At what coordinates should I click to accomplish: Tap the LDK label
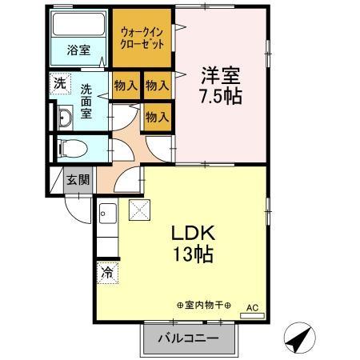[191, 235]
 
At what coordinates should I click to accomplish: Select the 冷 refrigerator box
[106, 273]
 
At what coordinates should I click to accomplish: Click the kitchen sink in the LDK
[109, 214]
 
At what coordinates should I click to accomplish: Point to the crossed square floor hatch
[139, 211]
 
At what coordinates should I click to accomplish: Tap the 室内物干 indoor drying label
[203, 306]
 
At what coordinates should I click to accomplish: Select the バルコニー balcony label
[189, 339]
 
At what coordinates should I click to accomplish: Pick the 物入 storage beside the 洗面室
[125, 85]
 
